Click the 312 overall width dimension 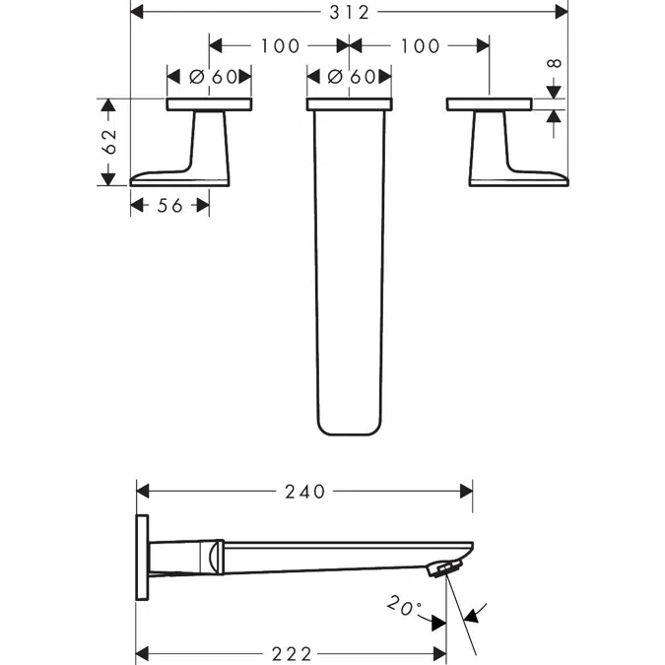coord(349,12)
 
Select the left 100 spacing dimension coord(279,45)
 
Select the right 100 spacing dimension coord(421,45)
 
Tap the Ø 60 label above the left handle coord(209,77)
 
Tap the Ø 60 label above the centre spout coord(349,77)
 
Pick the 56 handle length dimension coord(169,205)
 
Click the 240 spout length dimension coord(303,491)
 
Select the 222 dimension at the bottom coord(291,653)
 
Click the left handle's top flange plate coord(209,103)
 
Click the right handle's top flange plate coord(489,103)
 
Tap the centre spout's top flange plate coord(349,103)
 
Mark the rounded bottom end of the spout coord(349,426)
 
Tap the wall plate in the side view coord(142,557)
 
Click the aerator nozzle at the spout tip coord(445,567)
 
